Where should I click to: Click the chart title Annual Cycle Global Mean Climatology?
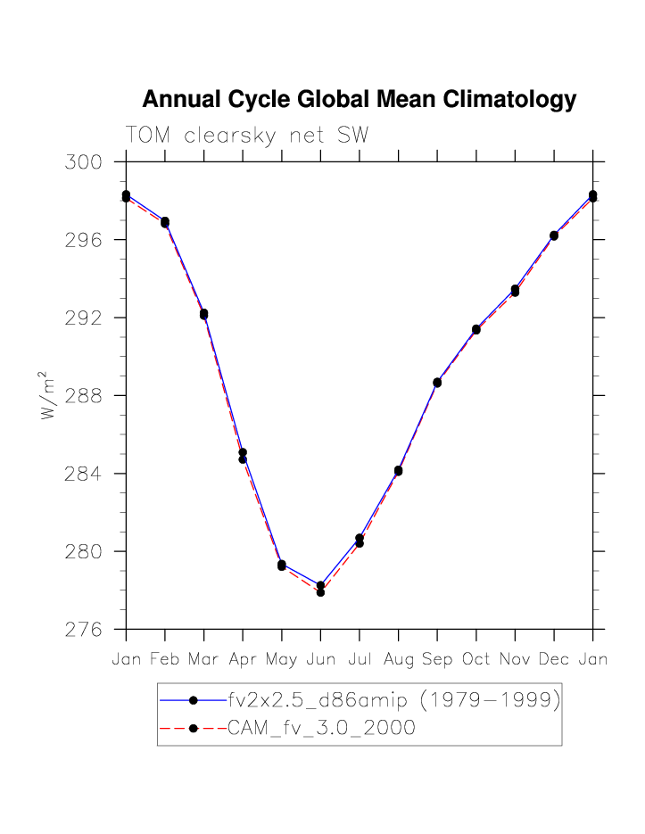(359, 100)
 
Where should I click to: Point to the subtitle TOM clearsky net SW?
(247, 135)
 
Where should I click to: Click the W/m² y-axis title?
(49, 394)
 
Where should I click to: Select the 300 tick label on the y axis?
(83, 162)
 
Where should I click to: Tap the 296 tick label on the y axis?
(83, 240)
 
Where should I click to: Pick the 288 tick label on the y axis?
(83, 395)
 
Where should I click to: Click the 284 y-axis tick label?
(83, 474)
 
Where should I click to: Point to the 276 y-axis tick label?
(83, 629)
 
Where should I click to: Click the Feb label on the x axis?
(165, 660)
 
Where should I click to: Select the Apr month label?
(243, 660)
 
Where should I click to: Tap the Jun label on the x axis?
(320, 660)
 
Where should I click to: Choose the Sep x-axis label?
(437, 660)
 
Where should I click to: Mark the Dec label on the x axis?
(554, 660)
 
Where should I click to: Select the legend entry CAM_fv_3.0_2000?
(321, 728)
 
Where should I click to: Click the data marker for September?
(437, 383)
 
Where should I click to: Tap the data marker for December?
(554, 235)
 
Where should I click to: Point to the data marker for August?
(398, 471)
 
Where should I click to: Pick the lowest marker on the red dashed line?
(320, 591)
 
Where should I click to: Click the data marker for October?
(476, 330)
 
